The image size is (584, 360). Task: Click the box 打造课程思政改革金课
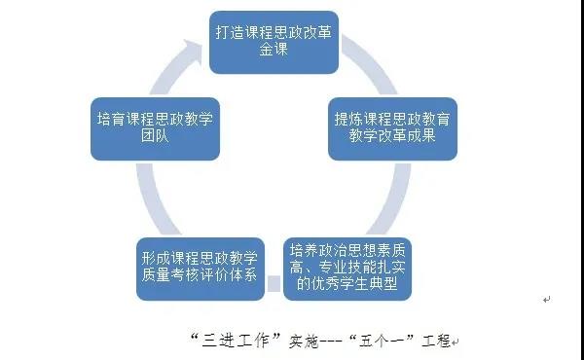[274, 42]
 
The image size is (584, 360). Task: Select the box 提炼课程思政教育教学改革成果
[392, 128]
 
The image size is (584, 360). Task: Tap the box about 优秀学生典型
[347, 269]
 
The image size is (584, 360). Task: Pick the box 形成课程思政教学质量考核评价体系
[201, 269]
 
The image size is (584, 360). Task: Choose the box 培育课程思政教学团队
[155, 128]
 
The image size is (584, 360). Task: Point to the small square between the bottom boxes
[274, 284]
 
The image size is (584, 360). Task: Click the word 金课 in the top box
[274, 50]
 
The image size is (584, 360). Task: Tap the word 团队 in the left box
[155, 135]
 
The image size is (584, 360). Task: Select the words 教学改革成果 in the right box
[392, 135]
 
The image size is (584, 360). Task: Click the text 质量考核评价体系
[200, 275]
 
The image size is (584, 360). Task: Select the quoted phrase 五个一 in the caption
[382, 340]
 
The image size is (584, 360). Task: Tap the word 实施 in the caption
[304, 341]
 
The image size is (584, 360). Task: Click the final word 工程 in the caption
[436, 340]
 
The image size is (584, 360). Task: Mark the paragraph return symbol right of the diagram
[546, 300]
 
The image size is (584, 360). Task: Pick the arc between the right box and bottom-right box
[395, 200]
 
